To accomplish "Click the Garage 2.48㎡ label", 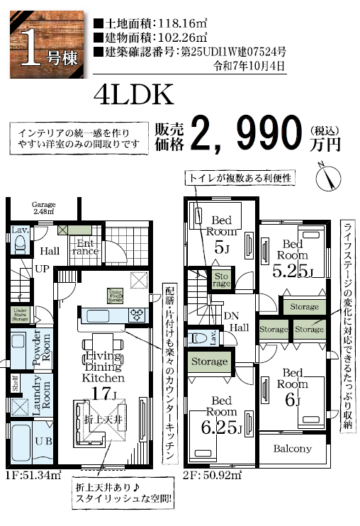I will [43, 207].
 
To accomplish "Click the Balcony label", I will [292, 449].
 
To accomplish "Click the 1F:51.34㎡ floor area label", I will [33, 474].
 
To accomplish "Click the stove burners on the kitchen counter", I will [135, 315].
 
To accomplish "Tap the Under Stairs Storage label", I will [19, 314].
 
